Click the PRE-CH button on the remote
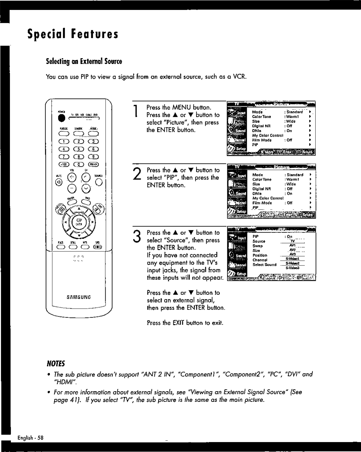coord(94,165)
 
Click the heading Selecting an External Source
coord(84,61)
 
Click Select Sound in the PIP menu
coord(265,264)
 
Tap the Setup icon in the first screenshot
coord(237,149)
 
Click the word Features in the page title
coord(94,34)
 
